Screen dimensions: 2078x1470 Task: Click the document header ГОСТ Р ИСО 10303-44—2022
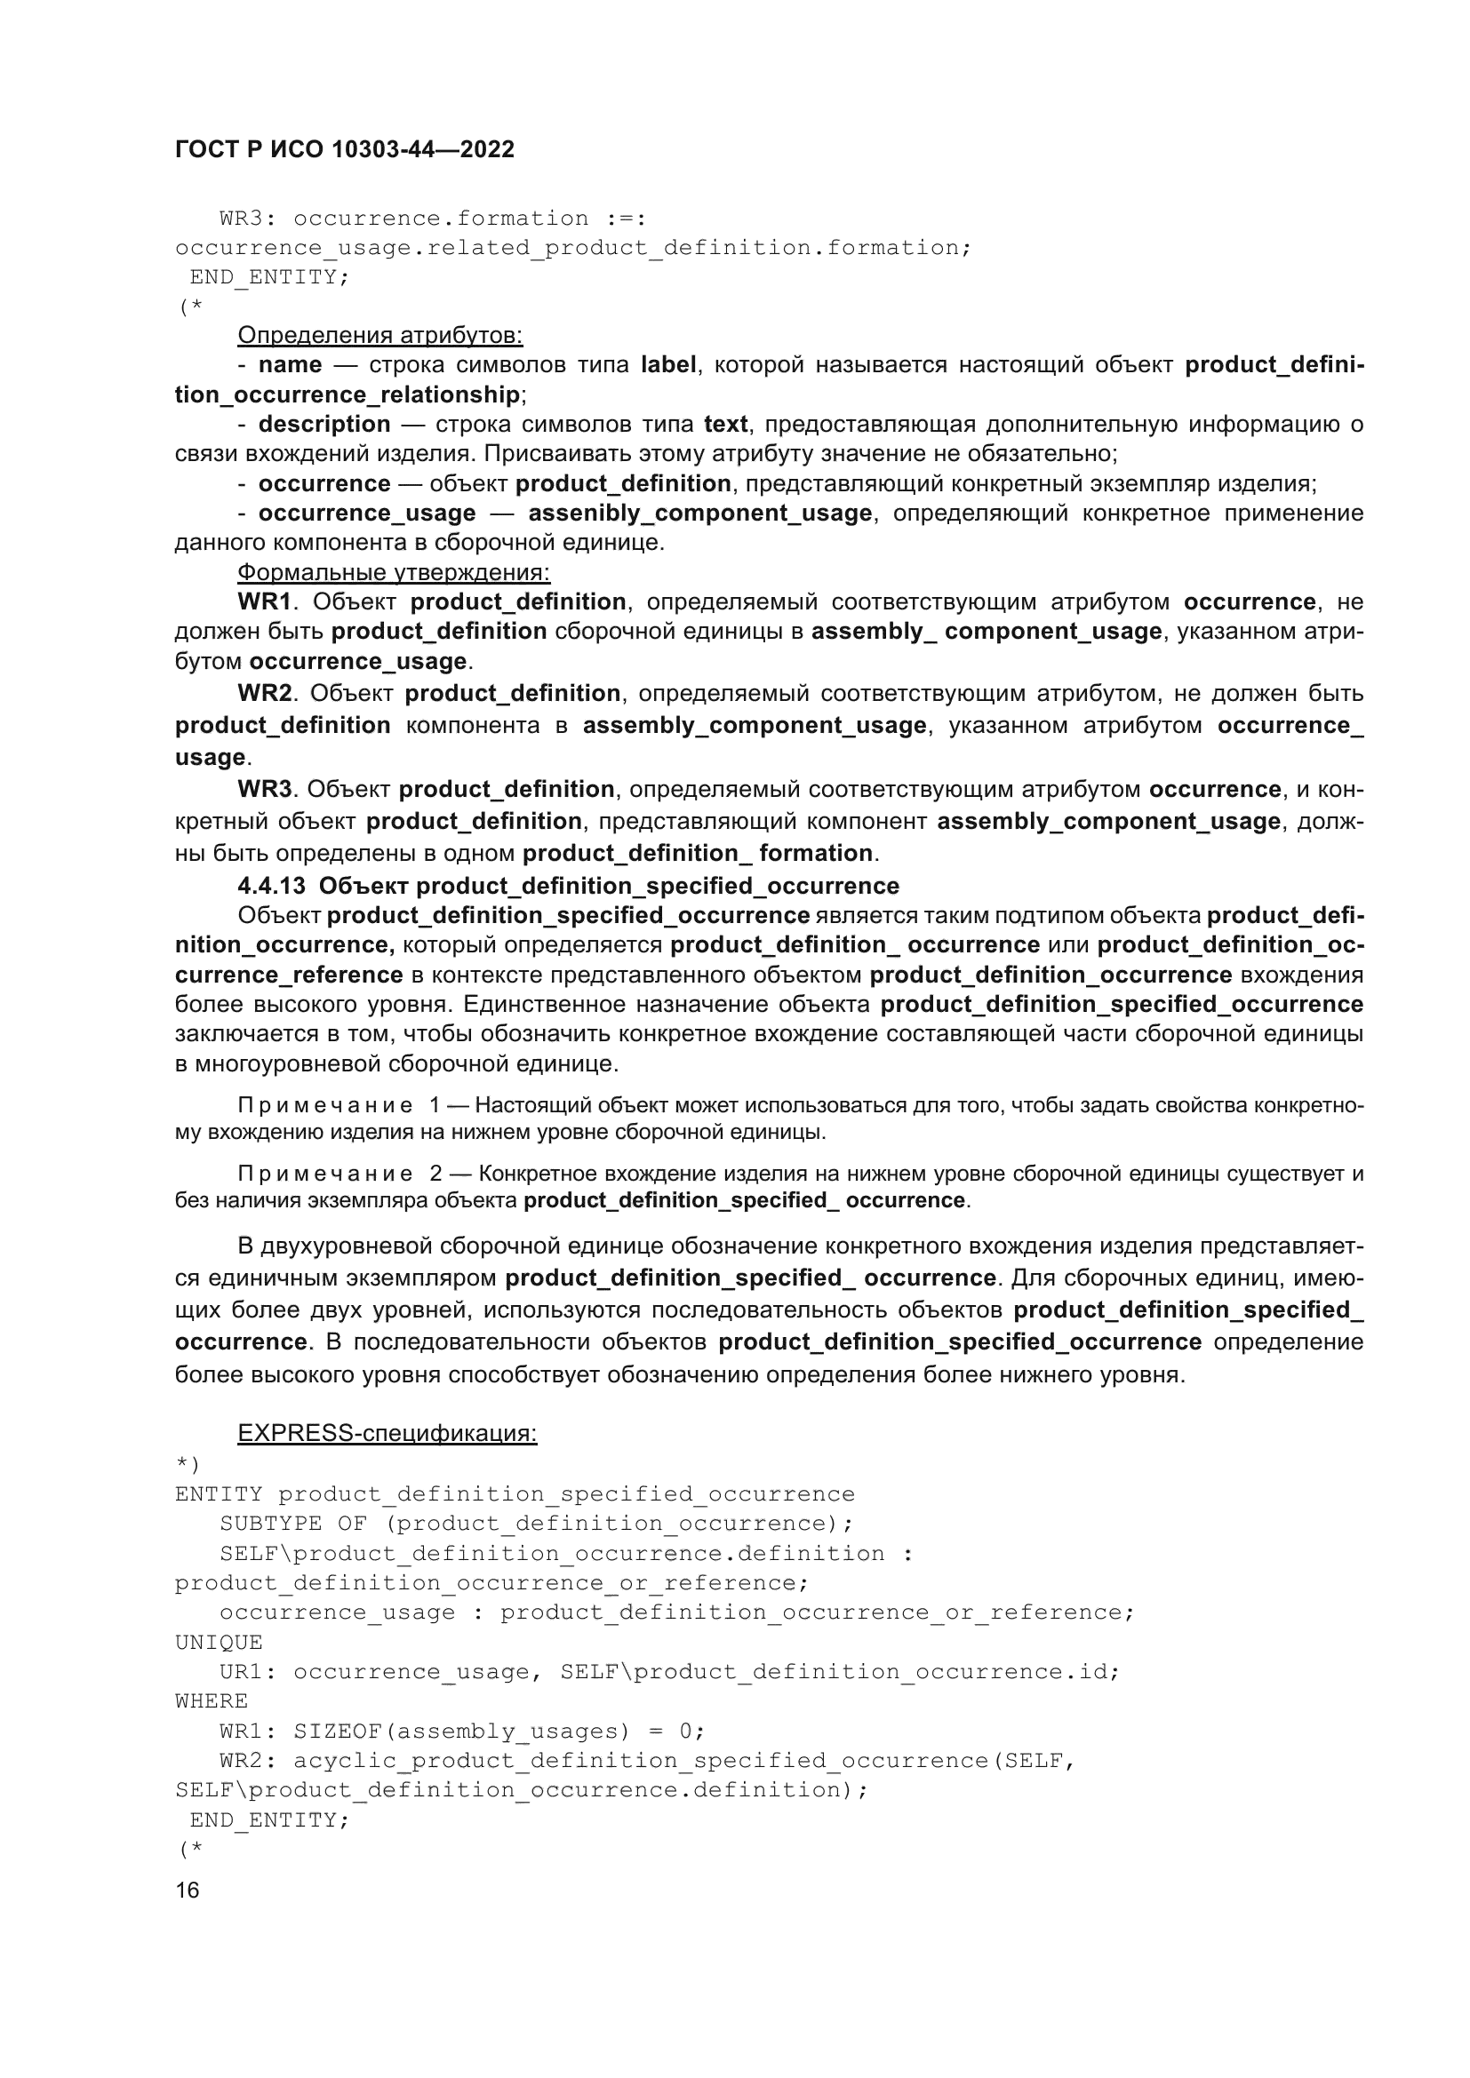(x=344, y=149)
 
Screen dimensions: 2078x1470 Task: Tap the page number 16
(x=188, y=1890)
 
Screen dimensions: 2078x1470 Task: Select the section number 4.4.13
(x=272, y=885)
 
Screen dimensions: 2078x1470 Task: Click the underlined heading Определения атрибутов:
(x=379, y=335)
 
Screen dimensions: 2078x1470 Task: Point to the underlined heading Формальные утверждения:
(x=393, y=572)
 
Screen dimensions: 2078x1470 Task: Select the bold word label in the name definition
(x=668, y=365)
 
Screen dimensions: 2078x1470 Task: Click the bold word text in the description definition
(x=726, y=424)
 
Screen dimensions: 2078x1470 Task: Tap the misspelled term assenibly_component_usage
(x=699, y=514)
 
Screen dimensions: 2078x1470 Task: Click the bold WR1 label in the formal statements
(x=264, y=601)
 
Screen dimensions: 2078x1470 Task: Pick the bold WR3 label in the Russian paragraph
(x=264, y=789)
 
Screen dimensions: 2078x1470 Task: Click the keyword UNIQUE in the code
(x=219, y=1642)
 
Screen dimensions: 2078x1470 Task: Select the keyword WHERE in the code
(x=212, y=1700)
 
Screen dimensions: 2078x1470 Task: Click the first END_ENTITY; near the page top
(x=268, y=277)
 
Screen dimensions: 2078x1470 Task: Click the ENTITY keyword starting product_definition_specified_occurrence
(x=219, y=1493)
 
